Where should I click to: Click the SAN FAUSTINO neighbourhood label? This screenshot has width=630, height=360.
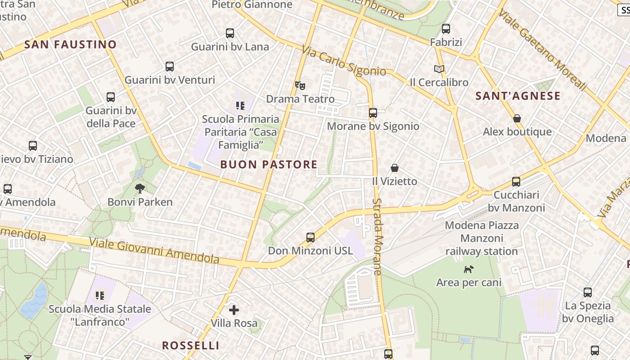point(70,45)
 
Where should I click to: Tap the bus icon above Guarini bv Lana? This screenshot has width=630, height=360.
point(230,33)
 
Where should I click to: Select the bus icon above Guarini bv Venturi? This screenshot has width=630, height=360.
point(170,67)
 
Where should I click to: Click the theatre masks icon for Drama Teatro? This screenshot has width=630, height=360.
point(300,85)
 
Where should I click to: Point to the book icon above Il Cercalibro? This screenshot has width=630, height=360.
point(439,69)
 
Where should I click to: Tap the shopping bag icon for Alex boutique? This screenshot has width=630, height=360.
point(517,118)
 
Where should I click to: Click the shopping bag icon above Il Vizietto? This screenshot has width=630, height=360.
point(395,168)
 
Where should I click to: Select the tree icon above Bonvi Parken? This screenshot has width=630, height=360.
point(140,189)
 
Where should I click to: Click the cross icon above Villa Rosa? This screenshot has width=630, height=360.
point(234,310)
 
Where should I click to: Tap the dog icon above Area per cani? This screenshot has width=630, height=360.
point(469,269)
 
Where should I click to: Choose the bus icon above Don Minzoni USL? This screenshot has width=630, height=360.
point(310,237)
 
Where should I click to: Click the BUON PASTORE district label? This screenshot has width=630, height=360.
point(269,165)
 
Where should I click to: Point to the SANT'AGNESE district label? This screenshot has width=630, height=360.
point(518,96)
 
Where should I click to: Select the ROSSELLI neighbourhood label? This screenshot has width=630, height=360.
point(191,346)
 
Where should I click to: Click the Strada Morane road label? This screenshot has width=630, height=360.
point(377,237)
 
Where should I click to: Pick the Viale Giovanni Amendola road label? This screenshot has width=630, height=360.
point(154,250)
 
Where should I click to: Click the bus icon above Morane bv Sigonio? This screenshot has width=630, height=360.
point(373,113)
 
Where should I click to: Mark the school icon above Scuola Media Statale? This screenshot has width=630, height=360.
point(100,296)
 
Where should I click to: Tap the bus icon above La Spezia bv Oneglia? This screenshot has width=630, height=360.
point(588,292)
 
